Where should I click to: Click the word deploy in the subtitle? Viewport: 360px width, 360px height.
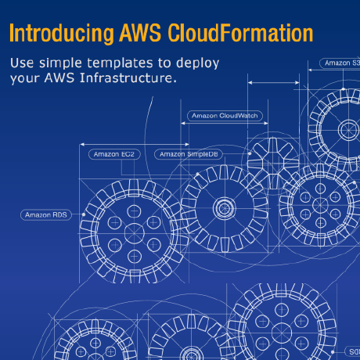click(198, 63)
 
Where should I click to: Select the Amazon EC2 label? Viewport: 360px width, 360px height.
click(114, 154)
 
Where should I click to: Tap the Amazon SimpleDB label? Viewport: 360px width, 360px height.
click(190, 154)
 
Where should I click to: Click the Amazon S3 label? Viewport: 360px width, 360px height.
click(341, 63)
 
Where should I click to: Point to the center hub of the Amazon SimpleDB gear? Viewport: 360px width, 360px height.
click(225, 208)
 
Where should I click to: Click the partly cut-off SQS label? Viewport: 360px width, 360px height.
click(353, 352)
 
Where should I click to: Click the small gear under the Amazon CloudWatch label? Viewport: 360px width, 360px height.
click(270, 160)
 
